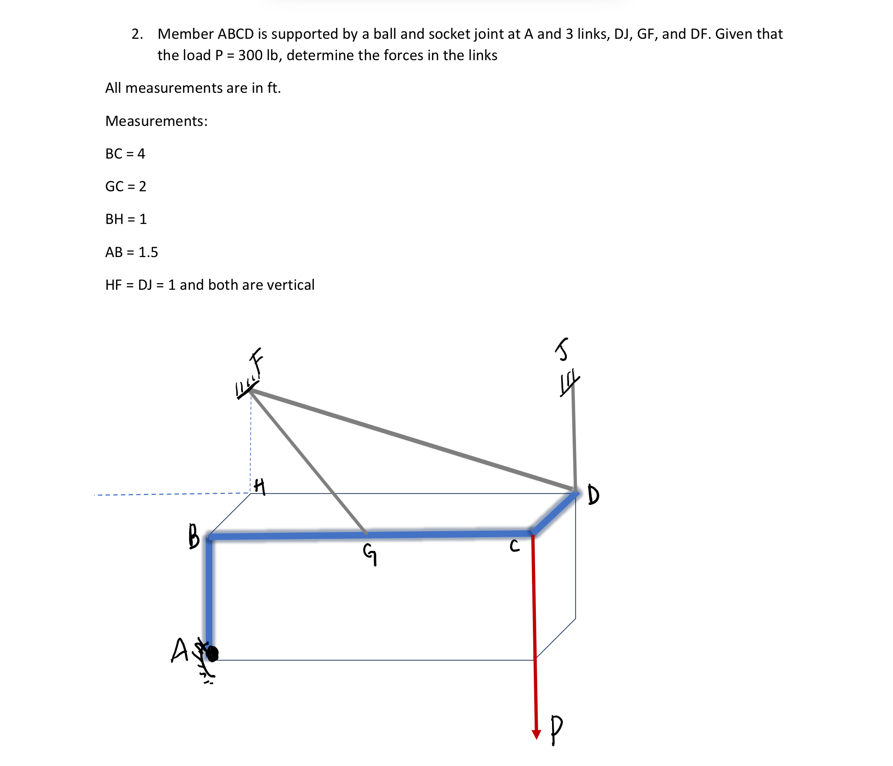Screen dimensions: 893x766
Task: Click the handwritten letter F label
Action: pos(256,361)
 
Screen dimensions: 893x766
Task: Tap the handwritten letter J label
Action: pos(563,349)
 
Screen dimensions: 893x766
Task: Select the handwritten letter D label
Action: pos(593,495)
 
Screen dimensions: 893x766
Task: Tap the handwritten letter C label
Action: pos(515,546)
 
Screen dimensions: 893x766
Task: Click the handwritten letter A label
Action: pos(179,651)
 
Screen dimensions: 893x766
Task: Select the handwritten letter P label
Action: pos(556,729)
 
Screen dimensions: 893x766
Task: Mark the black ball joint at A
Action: pos(212,653)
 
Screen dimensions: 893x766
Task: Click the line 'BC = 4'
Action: pos(125,154)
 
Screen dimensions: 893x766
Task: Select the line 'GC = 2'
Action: pos(126,186)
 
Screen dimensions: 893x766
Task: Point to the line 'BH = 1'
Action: pos(126,219)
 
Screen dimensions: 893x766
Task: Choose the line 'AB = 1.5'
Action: pos(131,252)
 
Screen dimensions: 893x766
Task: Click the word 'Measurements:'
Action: pos(157,121)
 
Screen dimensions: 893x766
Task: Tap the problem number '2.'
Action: pos(137,34)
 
